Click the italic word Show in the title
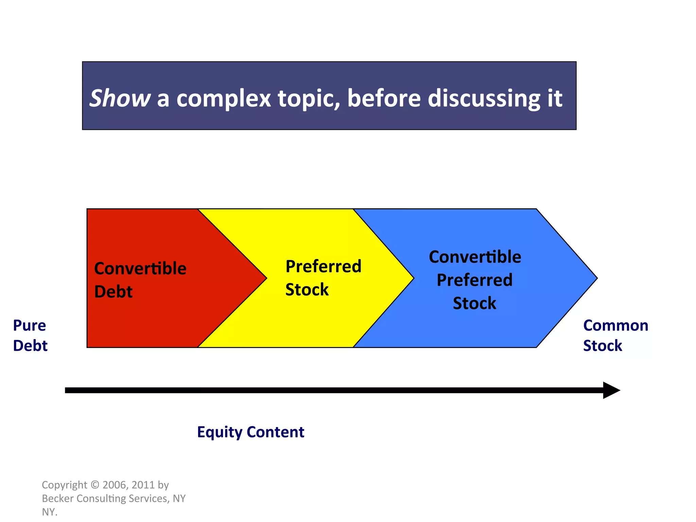point(120,99)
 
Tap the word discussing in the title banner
point(483,99)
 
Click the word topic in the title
point(309,99)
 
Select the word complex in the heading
point(223,99)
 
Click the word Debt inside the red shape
point(113,292)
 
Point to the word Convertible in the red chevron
point(140,268)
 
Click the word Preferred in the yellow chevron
point(323,266)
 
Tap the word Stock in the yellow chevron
point(307,290)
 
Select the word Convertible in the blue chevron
point(475,257)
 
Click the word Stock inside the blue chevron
point(474,303)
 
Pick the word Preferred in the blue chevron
point(474,280)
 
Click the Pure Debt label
point(30,335)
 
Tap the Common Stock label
point(615,335)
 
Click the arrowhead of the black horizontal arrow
point(612,390)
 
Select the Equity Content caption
point(250,432)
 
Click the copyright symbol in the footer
point(95,485)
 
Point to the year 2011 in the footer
point(143,485)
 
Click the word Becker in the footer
point(58,498)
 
